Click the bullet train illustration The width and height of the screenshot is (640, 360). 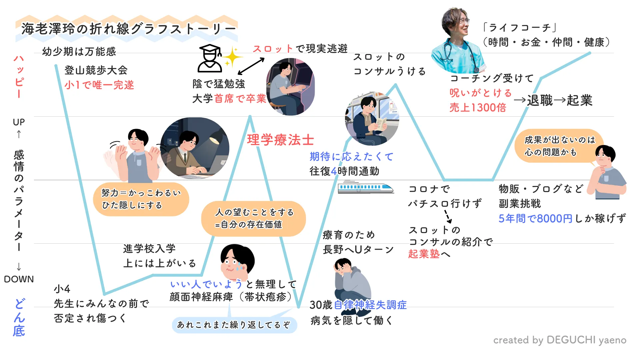(x=366, y=188)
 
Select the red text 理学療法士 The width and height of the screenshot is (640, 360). (x=280, y=140)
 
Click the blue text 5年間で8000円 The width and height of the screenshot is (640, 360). (x=535, y=219)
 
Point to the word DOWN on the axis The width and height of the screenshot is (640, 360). (x=19, y=279)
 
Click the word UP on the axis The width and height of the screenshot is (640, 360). (x=19, y=122)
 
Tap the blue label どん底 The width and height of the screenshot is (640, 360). (x=19, y=318)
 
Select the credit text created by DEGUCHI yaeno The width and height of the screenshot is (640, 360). (x=560, y=340)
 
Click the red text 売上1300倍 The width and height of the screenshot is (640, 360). (x=478, y=108)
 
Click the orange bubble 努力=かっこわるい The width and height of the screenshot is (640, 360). (x=141, y=199)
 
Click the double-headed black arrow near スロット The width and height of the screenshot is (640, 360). (x=251, y=66)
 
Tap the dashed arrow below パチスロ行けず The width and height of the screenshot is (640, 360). (x=448, y=216)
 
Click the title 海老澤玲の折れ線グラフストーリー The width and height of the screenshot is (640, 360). (x=128, y=29)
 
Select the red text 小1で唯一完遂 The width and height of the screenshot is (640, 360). (x=99, y=85)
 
